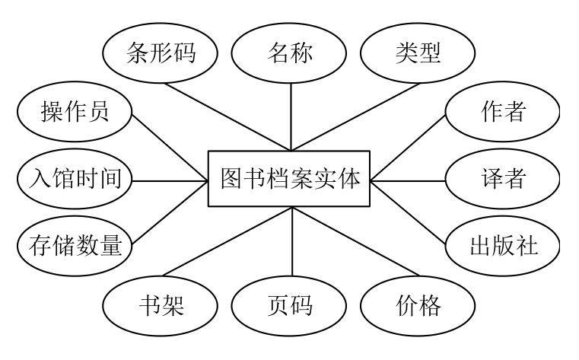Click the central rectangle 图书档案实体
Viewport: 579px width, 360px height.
coord(290,180)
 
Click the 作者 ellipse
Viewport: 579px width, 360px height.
coord(503,113)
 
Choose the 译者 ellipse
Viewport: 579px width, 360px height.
coord(503,180)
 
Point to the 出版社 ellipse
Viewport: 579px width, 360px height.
coord(503,245)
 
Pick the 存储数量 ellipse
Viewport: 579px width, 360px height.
coord(75,245)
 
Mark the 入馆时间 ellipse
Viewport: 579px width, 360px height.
coord(75,180)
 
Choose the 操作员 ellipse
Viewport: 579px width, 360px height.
coord(75,113)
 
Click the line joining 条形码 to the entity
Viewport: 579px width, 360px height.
coord(228,114)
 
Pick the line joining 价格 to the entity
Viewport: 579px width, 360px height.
coord(354,244)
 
